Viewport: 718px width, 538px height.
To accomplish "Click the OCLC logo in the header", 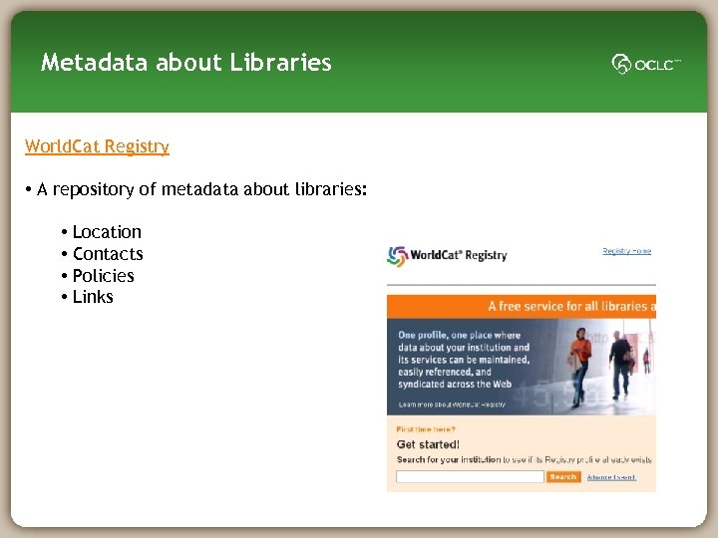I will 646,65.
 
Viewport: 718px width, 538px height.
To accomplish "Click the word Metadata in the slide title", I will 89,63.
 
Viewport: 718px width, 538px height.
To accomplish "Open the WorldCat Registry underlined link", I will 97,146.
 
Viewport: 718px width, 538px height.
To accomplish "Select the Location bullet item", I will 107,232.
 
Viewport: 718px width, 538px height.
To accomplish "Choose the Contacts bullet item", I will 108,254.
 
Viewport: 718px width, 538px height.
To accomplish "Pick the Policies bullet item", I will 103,276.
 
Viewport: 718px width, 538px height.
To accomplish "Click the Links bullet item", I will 93,297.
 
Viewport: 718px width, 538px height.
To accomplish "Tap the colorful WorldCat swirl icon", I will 398,255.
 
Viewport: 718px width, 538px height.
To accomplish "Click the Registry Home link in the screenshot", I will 626,251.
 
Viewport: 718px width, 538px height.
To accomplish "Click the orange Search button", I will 563,477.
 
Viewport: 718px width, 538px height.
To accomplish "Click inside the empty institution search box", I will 470,477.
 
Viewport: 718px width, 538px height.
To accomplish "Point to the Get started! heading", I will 428,444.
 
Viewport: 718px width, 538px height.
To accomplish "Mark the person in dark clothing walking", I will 621,363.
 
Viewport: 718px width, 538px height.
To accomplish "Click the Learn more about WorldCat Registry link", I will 452,404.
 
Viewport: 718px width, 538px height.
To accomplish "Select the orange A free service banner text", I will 568,307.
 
